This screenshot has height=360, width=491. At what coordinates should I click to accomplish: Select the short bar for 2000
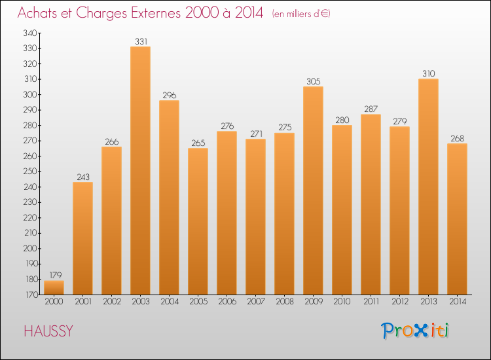click(x=54, y=287)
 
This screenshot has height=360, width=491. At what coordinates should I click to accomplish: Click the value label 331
click(x=141, y=41)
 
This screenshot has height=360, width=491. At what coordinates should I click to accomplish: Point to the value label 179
click(x=54, y=276)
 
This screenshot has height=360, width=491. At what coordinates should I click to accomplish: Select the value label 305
click(x=313, y=82)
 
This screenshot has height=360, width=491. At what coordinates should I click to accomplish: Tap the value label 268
click(x=457, y=138)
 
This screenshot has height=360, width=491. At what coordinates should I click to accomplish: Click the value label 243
click(x=82, y=177)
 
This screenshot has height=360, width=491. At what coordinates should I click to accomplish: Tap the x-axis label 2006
click(x=227, y=301)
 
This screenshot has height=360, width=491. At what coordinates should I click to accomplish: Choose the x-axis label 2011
click(x=371, y=301)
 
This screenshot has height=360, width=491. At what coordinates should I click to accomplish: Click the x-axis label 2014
click(x=457, y=301)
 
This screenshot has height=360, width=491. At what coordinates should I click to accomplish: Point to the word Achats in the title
click(x=38, y=14)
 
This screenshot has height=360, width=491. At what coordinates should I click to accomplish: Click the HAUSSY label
click(x=48, y=331)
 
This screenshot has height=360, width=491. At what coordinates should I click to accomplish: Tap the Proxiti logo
click(x=414, y=331)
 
